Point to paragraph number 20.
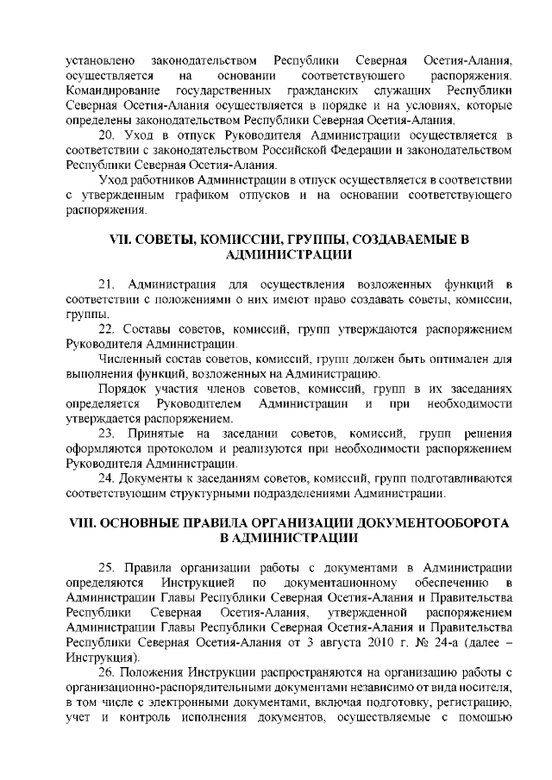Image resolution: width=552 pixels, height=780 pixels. [x=108, y=135]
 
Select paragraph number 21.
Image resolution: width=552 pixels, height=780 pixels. [x=108, y=284]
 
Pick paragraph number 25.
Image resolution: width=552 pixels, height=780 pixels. [x=108, y=567]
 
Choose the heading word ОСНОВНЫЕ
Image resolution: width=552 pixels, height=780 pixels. [x=150, y=523]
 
